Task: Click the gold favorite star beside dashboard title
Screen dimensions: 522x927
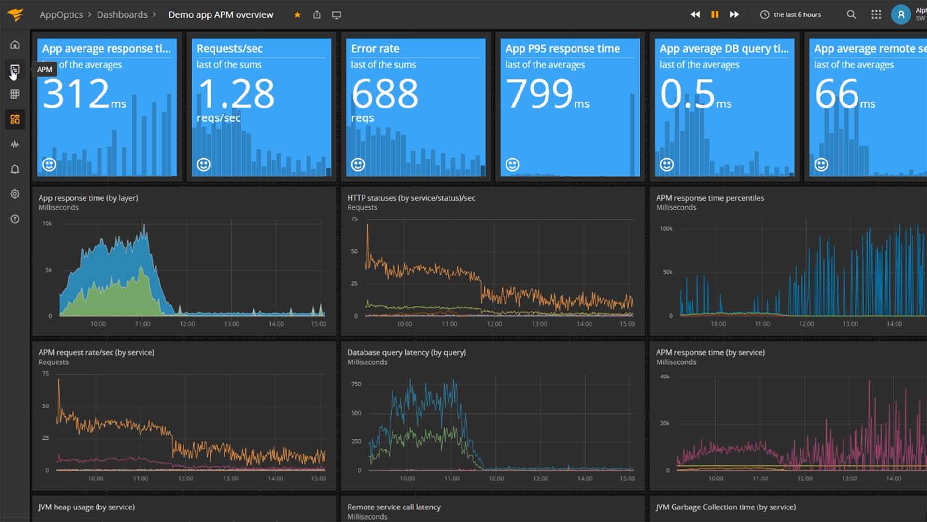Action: click(x=297, y=15)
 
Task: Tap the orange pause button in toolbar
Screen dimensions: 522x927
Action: click(x=715, y=14)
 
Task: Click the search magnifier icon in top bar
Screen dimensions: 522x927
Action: click(x=851, y=14)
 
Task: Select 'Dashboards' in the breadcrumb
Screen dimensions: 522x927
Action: click(x=122, y=14)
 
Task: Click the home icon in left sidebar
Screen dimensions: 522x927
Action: click(x=15, y=45)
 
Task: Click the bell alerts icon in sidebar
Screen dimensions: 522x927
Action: click(x=15, y=169)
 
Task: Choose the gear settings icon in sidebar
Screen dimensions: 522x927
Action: click(x=15, y=194)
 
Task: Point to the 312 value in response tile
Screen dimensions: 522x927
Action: click(x=76, y=94)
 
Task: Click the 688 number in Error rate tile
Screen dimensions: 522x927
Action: click(x=384, y=94)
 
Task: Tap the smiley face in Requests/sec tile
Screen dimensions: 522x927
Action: click(x=204, y=164)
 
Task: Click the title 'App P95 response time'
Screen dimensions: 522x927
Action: click(x=562, y=48)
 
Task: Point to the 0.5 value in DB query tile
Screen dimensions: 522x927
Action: click(x=687, y=94)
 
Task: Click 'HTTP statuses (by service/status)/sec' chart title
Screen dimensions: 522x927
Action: click(x=411, y=198)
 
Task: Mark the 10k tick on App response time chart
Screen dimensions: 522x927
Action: click(x=47, y=223)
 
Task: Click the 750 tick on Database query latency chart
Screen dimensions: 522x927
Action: click(x=356, y=384)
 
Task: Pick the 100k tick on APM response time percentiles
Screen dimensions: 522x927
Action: click(x=666, y=228)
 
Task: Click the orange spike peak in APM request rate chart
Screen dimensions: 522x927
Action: click(x=59, y=380)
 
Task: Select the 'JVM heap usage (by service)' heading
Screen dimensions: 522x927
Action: click(x=86, y=507)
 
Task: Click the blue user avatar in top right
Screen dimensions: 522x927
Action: click(x=900, y=14)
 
